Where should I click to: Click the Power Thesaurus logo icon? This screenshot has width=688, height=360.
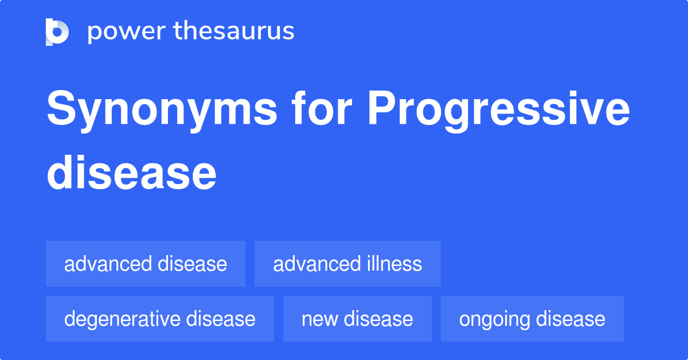tap(57, 32)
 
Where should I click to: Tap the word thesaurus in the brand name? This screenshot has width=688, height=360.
tap(234, 30)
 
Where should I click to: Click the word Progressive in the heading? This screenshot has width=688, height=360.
tap(499, 111)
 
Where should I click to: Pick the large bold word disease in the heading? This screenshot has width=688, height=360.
tap(131, 173)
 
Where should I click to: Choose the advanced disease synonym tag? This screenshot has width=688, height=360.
tap(146, 264)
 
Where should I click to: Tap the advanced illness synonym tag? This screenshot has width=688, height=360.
tap(347, 264)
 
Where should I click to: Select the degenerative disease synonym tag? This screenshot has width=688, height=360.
tap(160, 319)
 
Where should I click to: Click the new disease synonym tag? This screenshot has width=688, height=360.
tap(357, 319)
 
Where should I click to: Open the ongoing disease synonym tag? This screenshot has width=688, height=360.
tap(532, 319)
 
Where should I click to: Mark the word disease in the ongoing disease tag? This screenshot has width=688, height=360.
tap(570, 319)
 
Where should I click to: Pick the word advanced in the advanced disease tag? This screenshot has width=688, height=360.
tap(108, 264)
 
